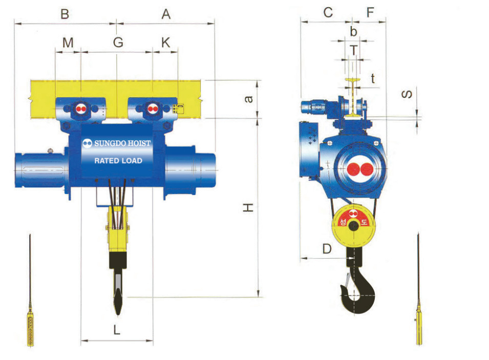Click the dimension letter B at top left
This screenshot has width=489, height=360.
(65, 14)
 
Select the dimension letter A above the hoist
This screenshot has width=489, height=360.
(166, 14)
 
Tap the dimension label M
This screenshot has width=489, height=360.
(68, 43)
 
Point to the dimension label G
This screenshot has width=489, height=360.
(118, 43)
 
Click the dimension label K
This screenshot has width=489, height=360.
(166, 43)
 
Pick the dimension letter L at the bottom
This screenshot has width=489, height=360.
(117, 329)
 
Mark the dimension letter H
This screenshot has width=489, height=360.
(248, 207)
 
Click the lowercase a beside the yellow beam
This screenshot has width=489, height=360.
(248, 99)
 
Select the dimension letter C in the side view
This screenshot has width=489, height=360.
(328, 12)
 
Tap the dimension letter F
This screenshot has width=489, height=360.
(370, 12)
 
